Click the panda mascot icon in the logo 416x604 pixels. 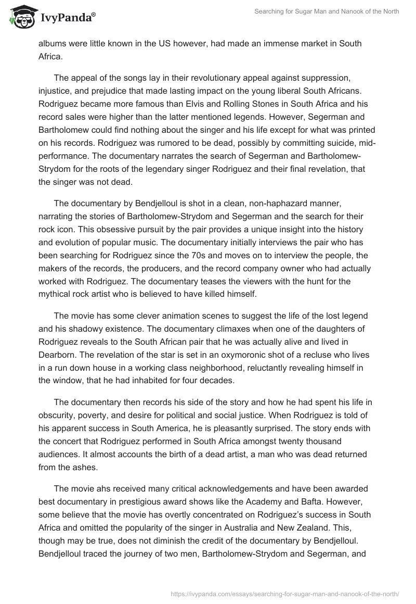pos(20,17)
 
